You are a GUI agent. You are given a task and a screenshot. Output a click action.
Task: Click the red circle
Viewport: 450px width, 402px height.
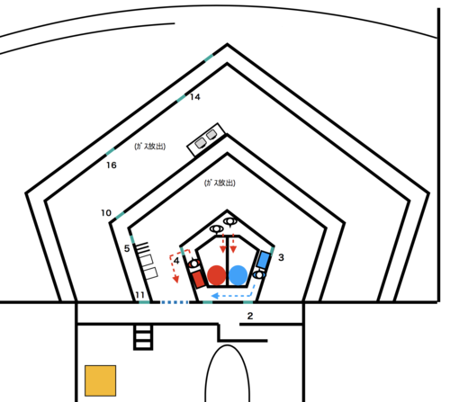[216, 275]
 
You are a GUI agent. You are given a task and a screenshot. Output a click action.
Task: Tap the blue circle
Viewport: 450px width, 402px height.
[238, 275]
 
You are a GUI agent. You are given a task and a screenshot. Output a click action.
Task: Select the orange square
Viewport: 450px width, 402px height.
[100, 380]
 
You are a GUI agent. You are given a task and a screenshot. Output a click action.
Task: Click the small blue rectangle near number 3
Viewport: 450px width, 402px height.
[264, 260]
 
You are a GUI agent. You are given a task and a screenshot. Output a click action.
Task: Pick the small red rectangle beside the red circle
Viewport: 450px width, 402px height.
[198, 280]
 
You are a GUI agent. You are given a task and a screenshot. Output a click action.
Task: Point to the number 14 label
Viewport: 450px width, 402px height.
[195, 97]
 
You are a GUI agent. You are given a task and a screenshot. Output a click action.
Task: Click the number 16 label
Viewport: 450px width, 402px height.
[112, 165]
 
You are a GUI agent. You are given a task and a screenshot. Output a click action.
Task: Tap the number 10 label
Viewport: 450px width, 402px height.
[106, 213]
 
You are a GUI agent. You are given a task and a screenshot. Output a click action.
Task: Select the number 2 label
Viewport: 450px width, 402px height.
[250, 316]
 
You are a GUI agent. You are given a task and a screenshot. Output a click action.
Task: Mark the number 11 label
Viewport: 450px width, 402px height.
[139, 295]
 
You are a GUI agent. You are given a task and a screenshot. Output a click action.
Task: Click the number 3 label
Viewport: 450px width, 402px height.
[281, 257]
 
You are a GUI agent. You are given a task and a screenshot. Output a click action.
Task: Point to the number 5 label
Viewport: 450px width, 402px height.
[127, 248]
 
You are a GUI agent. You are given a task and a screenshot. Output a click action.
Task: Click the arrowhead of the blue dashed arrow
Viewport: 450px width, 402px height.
[214, 296]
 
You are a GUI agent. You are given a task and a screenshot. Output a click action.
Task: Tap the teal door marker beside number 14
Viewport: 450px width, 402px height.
[181, 98]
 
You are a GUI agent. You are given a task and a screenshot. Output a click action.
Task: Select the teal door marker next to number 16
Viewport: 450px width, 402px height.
[110, 151]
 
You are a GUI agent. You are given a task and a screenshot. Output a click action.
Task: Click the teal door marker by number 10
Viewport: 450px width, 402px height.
[120, 215]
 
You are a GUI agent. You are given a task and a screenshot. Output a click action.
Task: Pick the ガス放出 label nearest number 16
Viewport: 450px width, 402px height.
[149, 147]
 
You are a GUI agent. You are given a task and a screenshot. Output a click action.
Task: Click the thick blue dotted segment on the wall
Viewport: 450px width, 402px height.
[175, 302]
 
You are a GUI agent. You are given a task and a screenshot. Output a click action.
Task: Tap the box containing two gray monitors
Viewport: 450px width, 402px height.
[206, 139]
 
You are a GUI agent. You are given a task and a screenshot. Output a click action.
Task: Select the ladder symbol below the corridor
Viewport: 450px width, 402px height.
[143, 337]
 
